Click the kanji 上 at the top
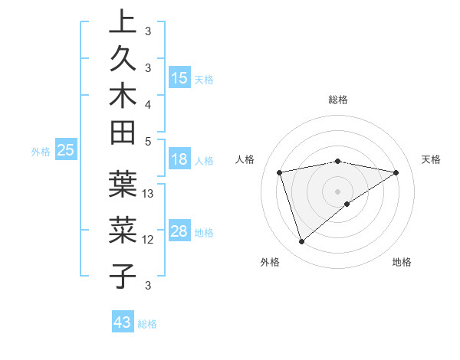coord(123,22)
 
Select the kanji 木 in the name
coord(123,98)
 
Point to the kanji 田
coord(123,135)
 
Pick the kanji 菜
coord(123,229)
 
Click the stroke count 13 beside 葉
coord(149,194)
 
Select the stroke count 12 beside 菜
coord(149,239)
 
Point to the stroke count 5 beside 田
coord(148,141)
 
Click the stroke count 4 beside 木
coord(148,103)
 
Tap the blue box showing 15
coord(179,78)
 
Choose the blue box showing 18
coord(179,160)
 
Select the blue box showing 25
coord(66,151)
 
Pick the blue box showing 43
coord(123,322)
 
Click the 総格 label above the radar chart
coord(338,100)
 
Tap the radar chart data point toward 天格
coord(396,172)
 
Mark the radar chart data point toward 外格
coord(301,242)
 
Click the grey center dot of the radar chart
coord(338,191)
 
